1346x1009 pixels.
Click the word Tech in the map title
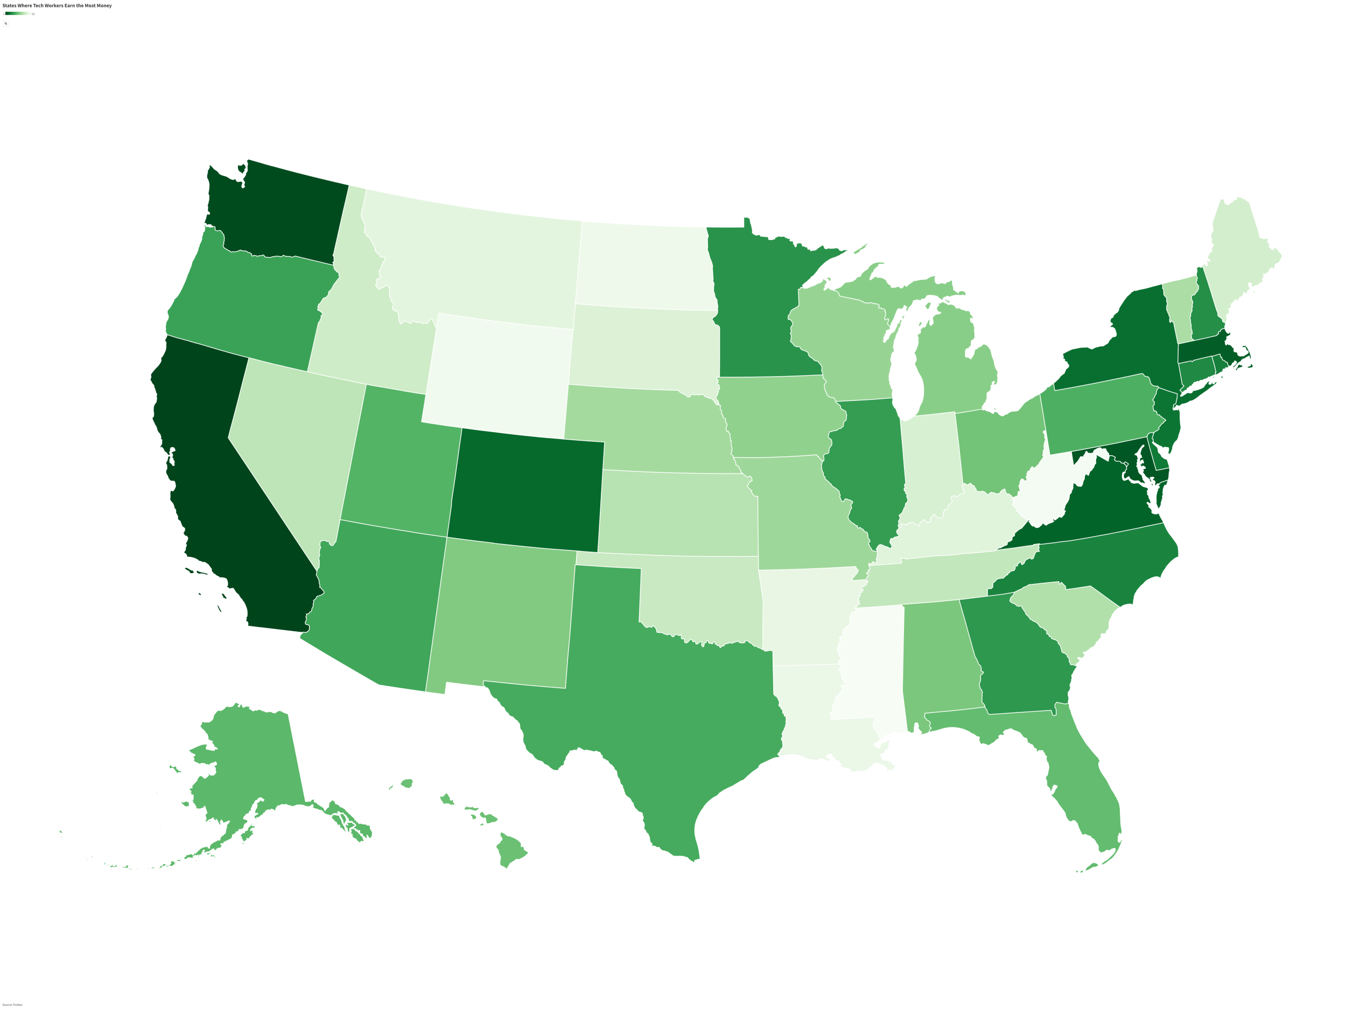(39, 5)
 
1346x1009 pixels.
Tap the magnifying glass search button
(6, 24)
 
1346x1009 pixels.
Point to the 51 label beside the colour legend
(33, 14)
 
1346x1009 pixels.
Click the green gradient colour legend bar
(18, 13)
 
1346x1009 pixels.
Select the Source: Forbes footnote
(12, 1005)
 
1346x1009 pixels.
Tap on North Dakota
(642, 265)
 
